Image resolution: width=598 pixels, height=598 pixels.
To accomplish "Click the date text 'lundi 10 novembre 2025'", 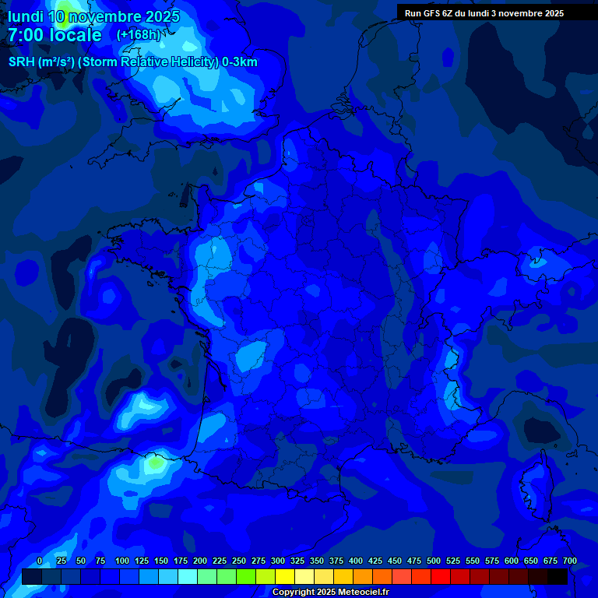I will point(93,16).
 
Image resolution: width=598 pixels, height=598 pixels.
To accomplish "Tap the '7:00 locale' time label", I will point(55,35).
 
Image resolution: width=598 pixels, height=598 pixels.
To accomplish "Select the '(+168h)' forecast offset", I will point(138,35).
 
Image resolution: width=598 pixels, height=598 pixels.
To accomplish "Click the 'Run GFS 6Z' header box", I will point(484,12).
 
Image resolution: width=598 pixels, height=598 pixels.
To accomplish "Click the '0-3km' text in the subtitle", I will point(240,62).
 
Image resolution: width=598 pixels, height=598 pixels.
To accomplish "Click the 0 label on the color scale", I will point(40,561).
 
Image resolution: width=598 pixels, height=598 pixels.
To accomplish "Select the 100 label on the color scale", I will point(122,561).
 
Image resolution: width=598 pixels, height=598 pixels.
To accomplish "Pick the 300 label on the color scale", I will point(278,561).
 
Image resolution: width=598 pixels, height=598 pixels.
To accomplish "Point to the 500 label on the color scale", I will point(434,561).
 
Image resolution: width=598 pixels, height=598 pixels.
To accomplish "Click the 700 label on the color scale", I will point(570,561).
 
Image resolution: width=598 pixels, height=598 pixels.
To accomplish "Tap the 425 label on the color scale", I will point(375,561).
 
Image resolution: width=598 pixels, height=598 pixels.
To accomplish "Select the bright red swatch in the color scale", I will point(441,576).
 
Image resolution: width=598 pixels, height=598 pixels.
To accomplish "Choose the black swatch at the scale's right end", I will point(558,576).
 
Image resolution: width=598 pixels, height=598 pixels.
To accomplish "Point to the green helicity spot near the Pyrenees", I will point(156,463).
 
